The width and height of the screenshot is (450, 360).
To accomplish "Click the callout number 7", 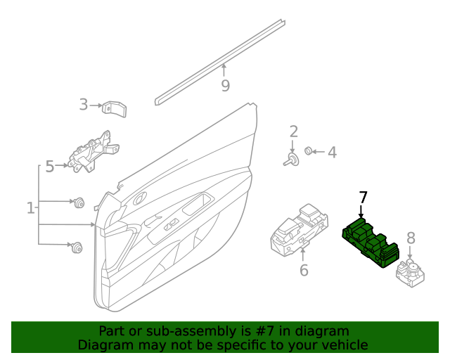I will click(x=363, y=198).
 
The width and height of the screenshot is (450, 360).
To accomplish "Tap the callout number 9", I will click(x=225, y=86).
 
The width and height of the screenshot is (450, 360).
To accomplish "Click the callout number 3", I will click(x=84, y=105).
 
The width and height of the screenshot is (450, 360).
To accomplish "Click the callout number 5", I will click(x=50, y=167).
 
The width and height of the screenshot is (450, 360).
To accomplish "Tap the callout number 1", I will click(x=30, y=208).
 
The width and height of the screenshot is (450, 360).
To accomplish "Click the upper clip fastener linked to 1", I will click(x=79, y=203).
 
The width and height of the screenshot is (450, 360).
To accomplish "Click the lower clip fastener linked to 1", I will click(x=76, y=246).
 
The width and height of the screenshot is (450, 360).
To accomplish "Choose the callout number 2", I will click(x=293, y=131).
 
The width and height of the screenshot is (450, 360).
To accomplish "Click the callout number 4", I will click(x=332, y=152).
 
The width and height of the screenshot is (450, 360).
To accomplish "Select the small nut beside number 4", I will click(x=309, y=151).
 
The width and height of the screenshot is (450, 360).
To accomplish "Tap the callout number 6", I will click(x=304, y=271).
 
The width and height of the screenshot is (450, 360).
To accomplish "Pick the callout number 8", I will click(x=411, y=238).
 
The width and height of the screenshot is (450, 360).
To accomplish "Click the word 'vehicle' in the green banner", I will click(x=343, y=345).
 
